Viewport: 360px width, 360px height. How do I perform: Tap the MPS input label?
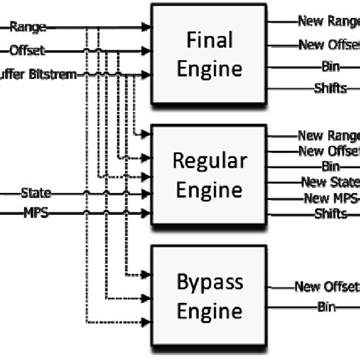pyautogui.click(x=33, y=214)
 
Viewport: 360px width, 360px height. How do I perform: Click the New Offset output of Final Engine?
pyautogui.click(x=329, y=45)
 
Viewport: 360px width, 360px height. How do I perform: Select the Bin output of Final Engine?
pyautogui.click(x=330, y=67)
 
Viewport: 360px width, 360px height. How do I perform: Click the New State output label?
pyautogui.click(x=330, y=182)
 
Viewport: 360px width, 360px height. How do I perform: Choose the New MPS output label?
pyautogui.click(x=330, y=198)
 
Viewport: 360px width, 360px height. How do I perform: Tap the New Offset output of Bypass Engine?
pyautogui.click(x=327, y=286)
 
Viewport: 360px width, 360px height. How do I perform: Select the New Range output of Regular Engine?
pyautogui.click(x=329, y=136)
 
